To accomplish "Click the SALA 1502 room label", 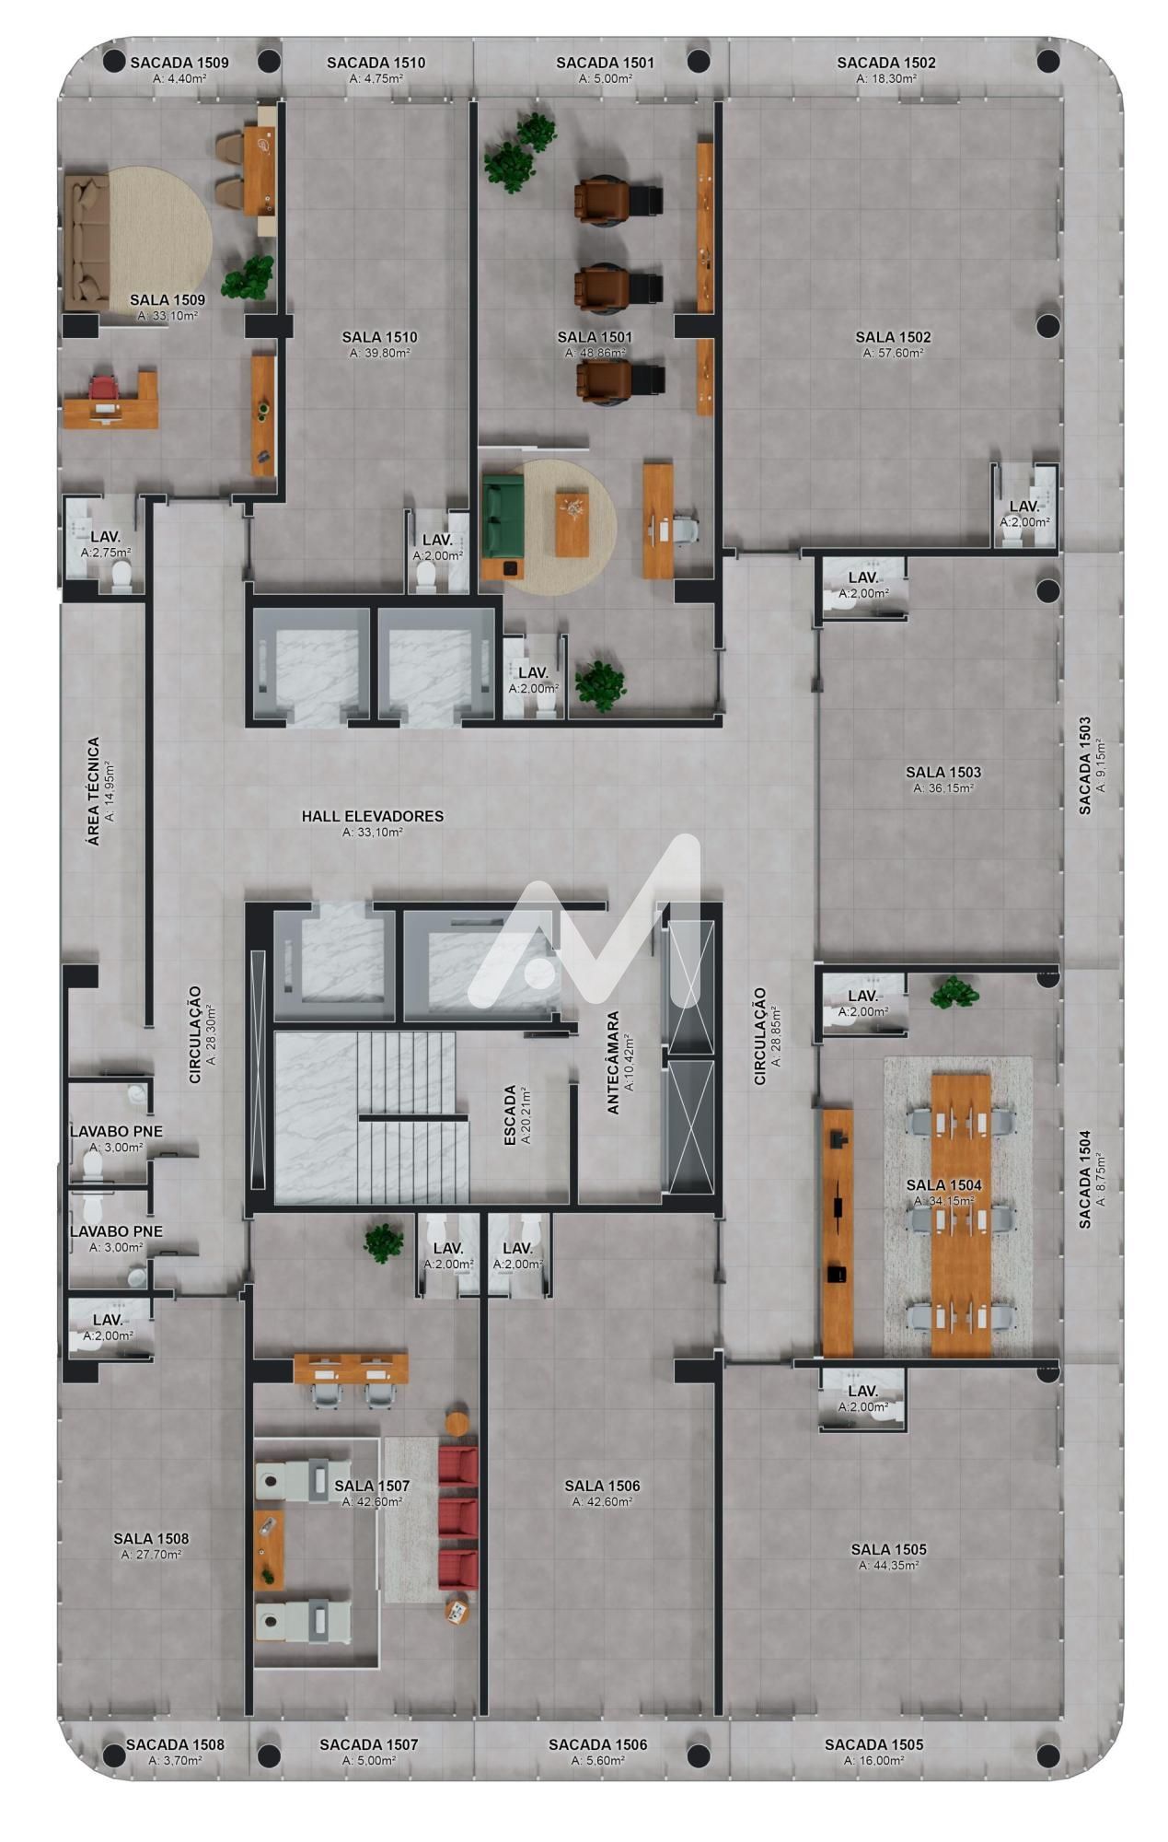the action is coord(893,337).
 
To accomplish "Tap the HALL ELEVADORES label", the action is coord(373,816).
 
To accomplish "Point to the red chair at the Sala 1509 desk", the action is coord(104,391).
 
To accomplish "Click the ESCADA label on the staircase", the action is coord(510,1115).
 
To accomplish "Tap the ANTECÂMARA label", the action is coord(613,1063).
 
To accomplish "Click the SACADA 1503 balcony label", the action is coord(1085,765).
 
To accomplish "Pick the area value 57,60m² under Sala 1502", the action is coord(893,353).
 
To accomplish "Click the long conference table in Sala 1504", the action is coord(962,1214).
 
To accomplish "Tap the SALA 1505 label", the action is coord(888,1549).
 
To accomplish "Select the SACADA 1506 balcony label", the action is coord(598,1744).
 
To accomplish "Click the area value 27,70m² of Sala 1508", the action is coord(151,1554).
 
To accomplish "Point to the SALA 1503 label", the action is coord(943,772).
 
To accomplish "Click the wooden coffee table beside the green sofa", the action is coord(572,523).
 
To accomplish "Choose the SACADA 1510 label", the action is coord(376,63).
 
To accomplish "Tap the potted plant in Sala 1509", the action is coord(248,276).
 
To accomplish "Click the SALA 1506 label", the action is coord(602,1486).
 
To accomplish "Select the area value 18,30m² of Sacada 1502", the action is coord(886,79).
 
